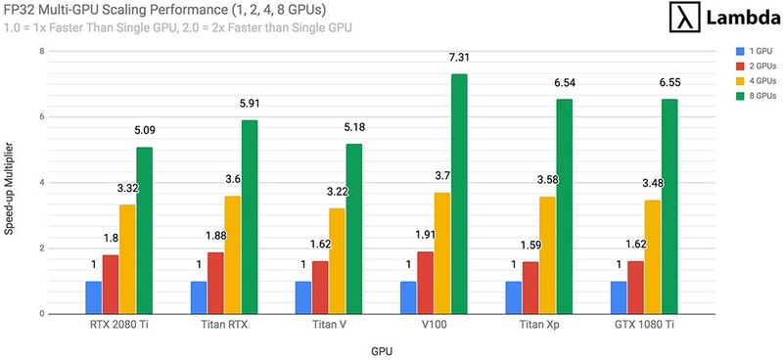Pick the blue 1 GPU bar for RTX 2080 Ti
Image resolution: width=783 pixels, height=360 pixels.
point(93,297)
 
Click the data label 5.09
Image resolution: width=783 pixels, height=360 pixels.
point(144,135)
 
